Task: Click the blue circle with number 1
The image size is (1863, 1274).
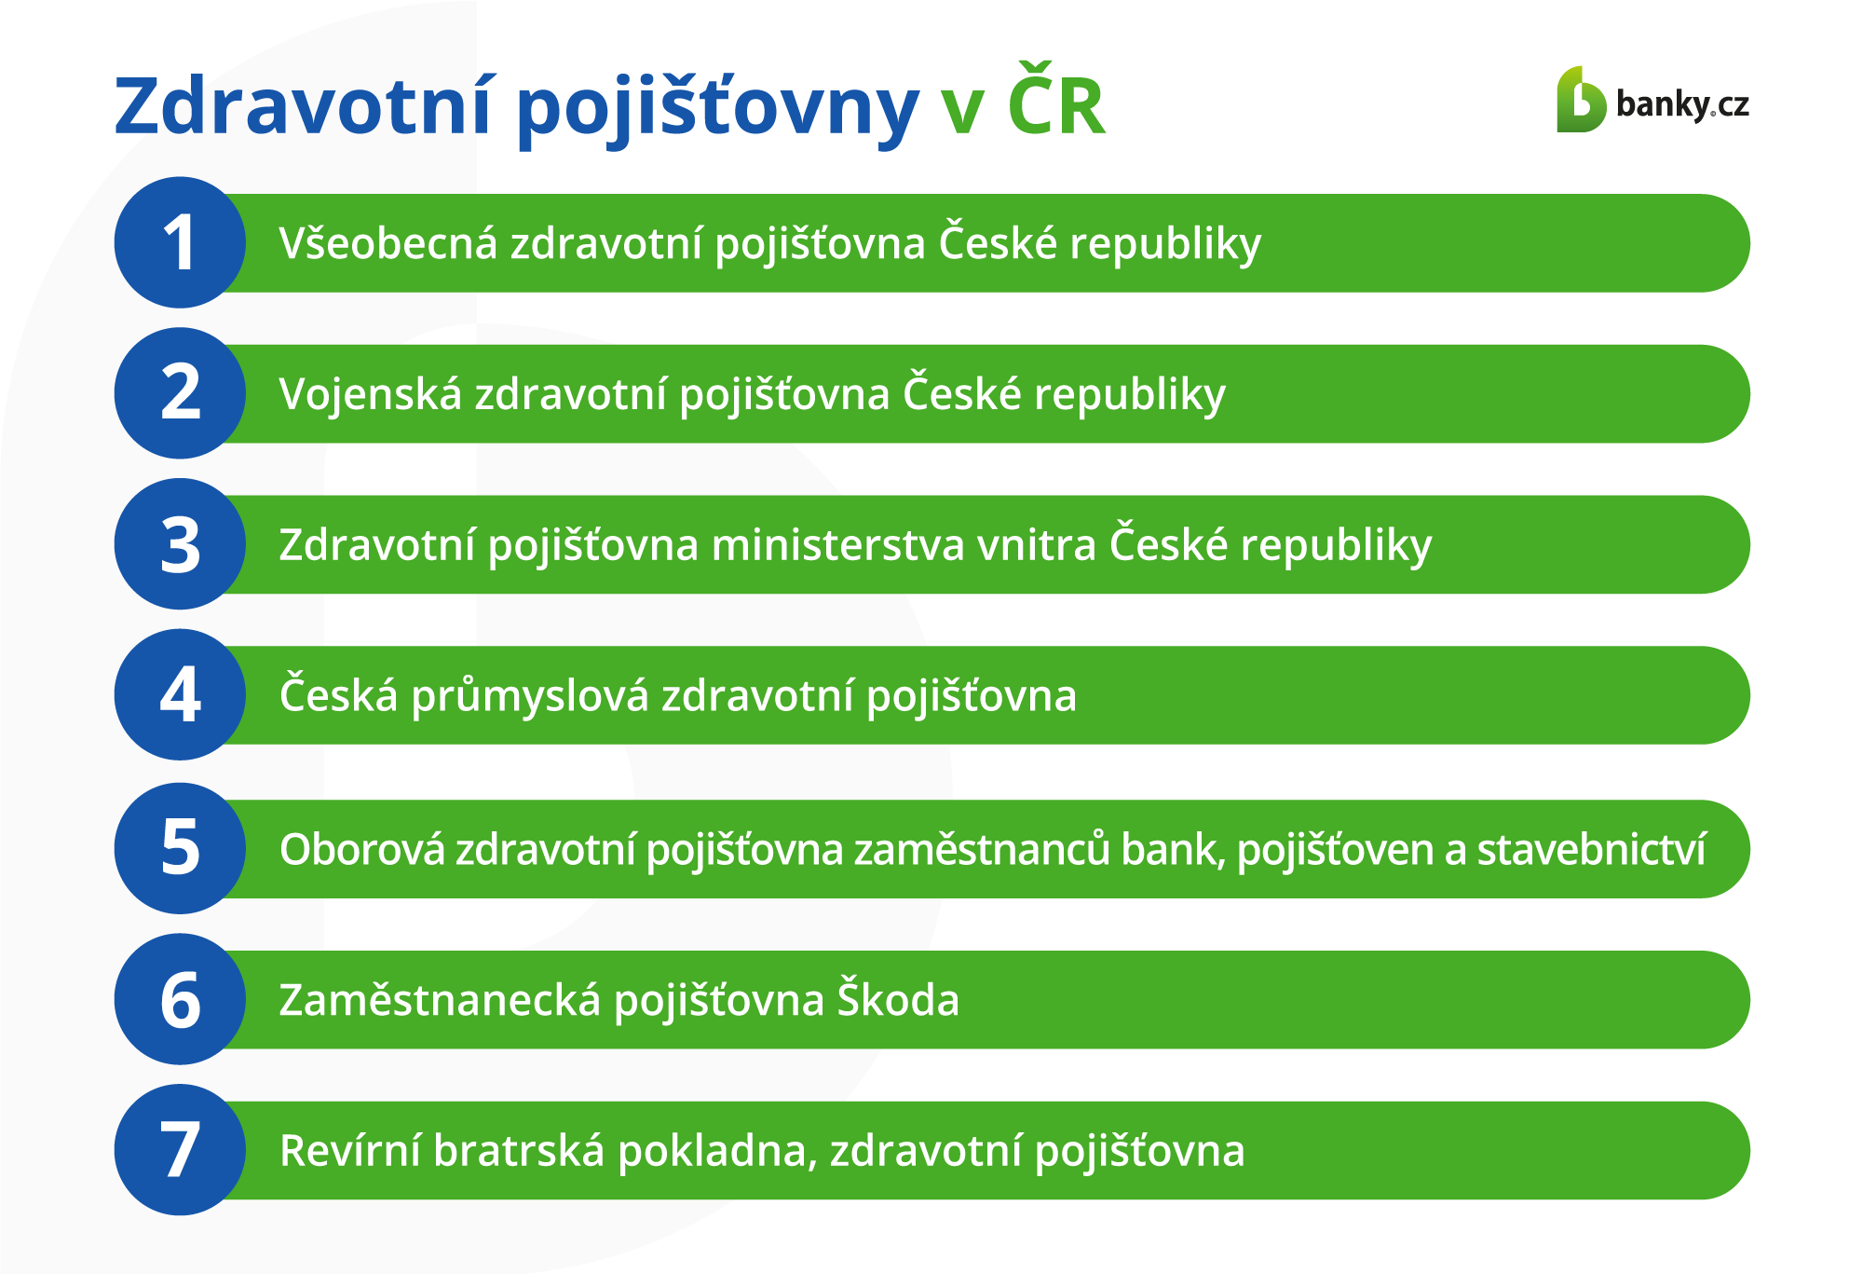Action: (x=180, y=242)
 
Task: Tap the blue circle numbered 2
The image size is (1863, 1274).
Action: (x=180, y=393)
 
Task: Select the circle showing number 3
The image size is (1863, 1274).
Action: (x=180, y=544)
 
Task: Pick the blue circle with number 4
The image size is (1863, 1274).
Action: (x=180, y=695)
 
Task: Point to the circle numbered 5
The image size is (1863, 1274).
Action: (x=180, y=848)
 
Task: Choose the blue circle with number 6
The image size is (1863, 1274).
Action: (x=180, y=999)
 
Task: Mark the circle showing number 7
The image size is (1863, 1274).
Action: (x=180, y=1150)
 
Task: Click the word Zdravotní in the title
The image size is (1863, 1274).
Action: (x=303, y=104)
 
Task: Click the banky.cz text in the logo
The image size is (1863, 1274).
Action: (x=1682, y=104)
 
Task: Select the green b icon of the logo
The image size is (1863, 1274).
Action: (x=1581, y=99)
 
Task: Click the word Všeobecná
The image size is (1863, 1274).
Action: (x=388, y=243)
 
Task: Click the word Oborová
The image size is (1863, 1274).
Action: (x=362, y=849)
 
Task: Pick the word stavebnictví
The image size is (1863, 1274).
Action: (x=1591, y=849)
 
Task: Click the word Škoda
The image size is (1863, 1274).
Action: (x=898, y=998)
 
